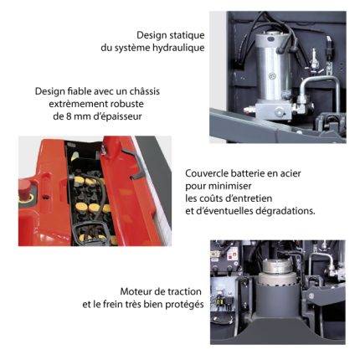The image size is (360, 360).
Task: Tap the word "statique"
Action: (188, 35)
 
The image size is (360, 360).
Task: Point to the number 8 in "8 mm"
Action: (69, 116)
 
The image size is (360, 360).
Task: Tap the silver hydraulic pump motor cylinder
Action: (273, 67)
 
